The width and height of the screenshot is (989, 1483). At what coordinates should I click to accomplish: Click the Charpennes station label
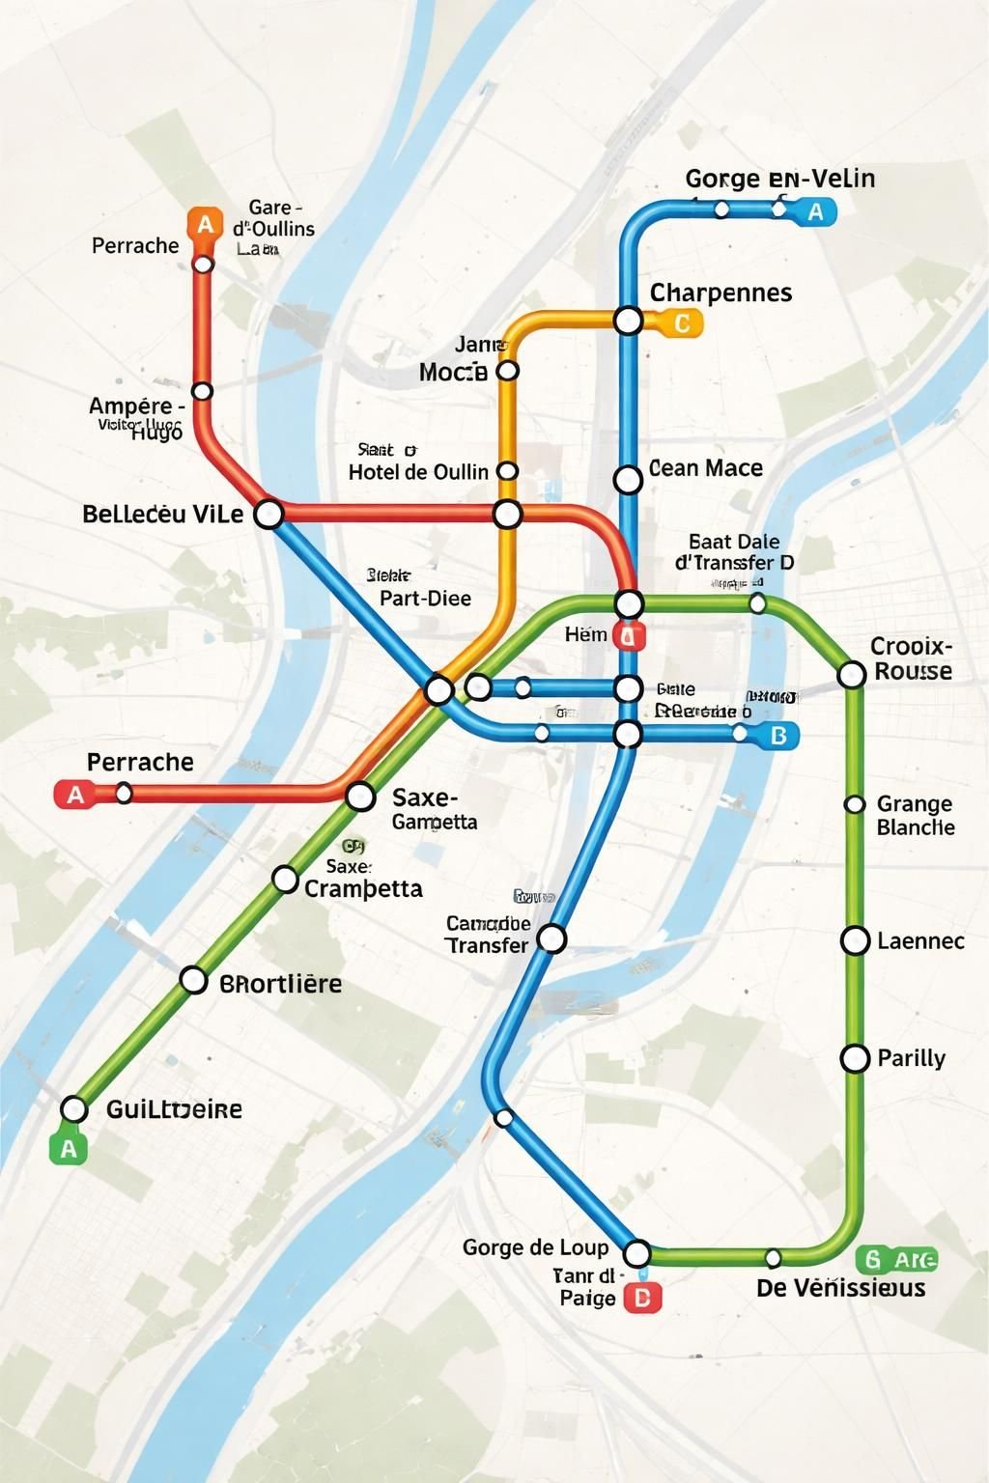click(721, 293)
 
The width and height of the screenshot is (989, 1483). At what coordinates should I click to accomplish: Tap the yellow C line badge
click(681, 322)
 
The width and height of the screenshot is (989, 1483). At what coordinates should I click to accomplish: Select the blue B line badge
click(778, 736)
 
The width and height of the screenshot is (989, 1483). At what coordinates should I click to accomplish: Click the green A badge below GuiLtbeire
click(68, 1148)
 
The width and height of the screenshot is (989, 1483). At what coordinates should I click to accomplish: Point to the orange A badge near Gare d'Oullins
click(205, 224)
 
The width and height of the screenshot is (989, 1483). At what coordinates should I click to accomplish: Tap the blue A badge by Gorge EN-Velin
click(815, 211)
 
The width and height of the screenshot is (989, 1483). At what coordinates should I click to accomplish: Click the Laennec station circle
click(855, 940)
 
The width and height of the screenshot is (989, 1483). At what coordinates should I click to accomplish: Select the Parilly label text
click(911, 1058)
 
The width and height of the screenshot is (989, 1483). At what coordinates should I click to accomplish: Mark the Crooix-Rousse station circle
click(851, 674)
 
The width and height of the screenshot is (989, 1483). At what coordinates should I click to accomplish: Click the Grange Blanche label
click(915, 816)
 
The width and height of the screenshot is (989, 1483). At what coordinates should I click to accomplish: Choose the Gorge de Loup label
click(535, 1247)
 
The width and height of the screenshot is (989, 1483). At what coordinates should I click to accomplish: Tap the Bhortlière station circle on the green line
click(194, 981)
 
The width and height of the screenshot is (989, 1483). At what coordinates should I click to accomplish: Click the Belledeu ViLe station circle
click(268, 514)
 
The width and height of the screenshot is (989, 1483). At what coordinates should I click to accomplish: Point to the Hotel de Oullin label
click(418, 472)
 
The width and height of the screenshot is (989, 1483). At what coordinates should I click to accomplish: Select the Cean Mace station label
click(706, 468)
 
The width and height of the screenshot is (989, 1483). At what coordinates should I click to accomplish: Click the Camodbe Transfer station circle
click(551, 937)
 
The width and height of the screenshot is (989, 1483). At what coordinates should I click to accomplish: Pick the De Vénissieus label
click(840, 1288)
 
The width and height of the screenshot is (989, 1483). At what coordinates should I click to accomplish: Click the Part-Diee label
click(425, 599)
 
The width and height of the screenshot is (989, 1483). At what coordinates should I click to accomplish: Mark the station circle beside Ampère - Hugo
click(202, 391)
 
